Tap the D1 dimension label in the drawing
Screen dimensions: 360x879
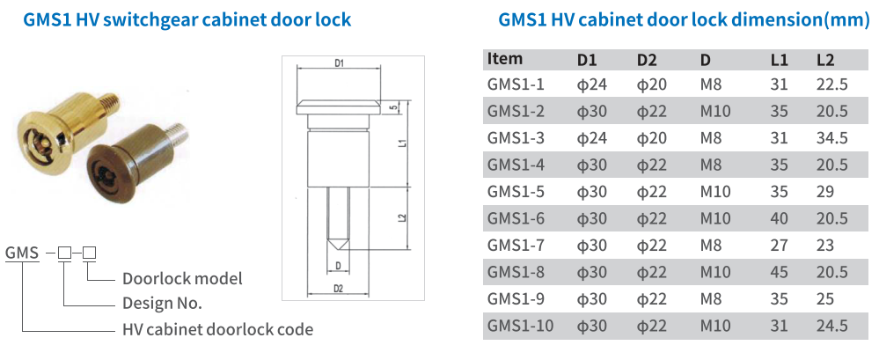(339, 63)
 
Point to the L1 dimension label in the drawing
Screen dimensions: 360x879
(401, 143)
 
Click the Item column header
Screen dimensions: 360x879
(504, 59)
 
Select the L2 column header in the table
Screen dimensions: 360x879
(825, 60)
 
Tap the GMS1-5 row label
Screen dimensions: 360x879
(516, 192)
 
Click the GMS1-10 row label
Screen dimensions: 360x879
(520, 326)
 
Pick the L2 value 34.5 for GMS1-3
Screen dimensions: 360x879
(831, 138)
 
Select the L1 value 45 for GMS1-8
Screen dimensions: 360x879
(778, 272)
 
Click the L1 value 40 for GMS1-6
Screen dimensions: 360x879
(778, 218)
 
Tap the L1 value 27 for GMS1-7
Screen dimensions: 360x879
(778, 246)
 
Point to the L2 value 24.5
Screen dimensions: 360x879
(831, 326)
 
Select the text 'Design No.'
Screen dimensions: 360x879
(162, 304)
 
